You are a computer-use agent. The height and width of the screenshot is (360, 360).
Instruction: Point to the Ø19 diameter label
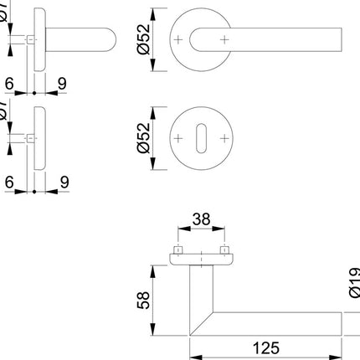(352, 285)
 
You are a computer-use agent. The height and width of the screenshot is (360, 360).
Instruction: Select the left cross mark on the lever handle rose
(177, 39)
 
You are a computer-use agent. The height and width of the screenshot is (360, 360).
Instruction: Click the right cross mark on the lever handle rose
(224, 39)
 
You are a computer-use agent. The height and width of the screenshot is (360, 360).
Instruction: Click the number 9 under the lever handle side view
(63, 84)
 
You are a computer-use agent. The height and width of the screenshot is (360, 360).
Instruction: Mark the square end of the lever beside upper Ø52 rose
(339, 39)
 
